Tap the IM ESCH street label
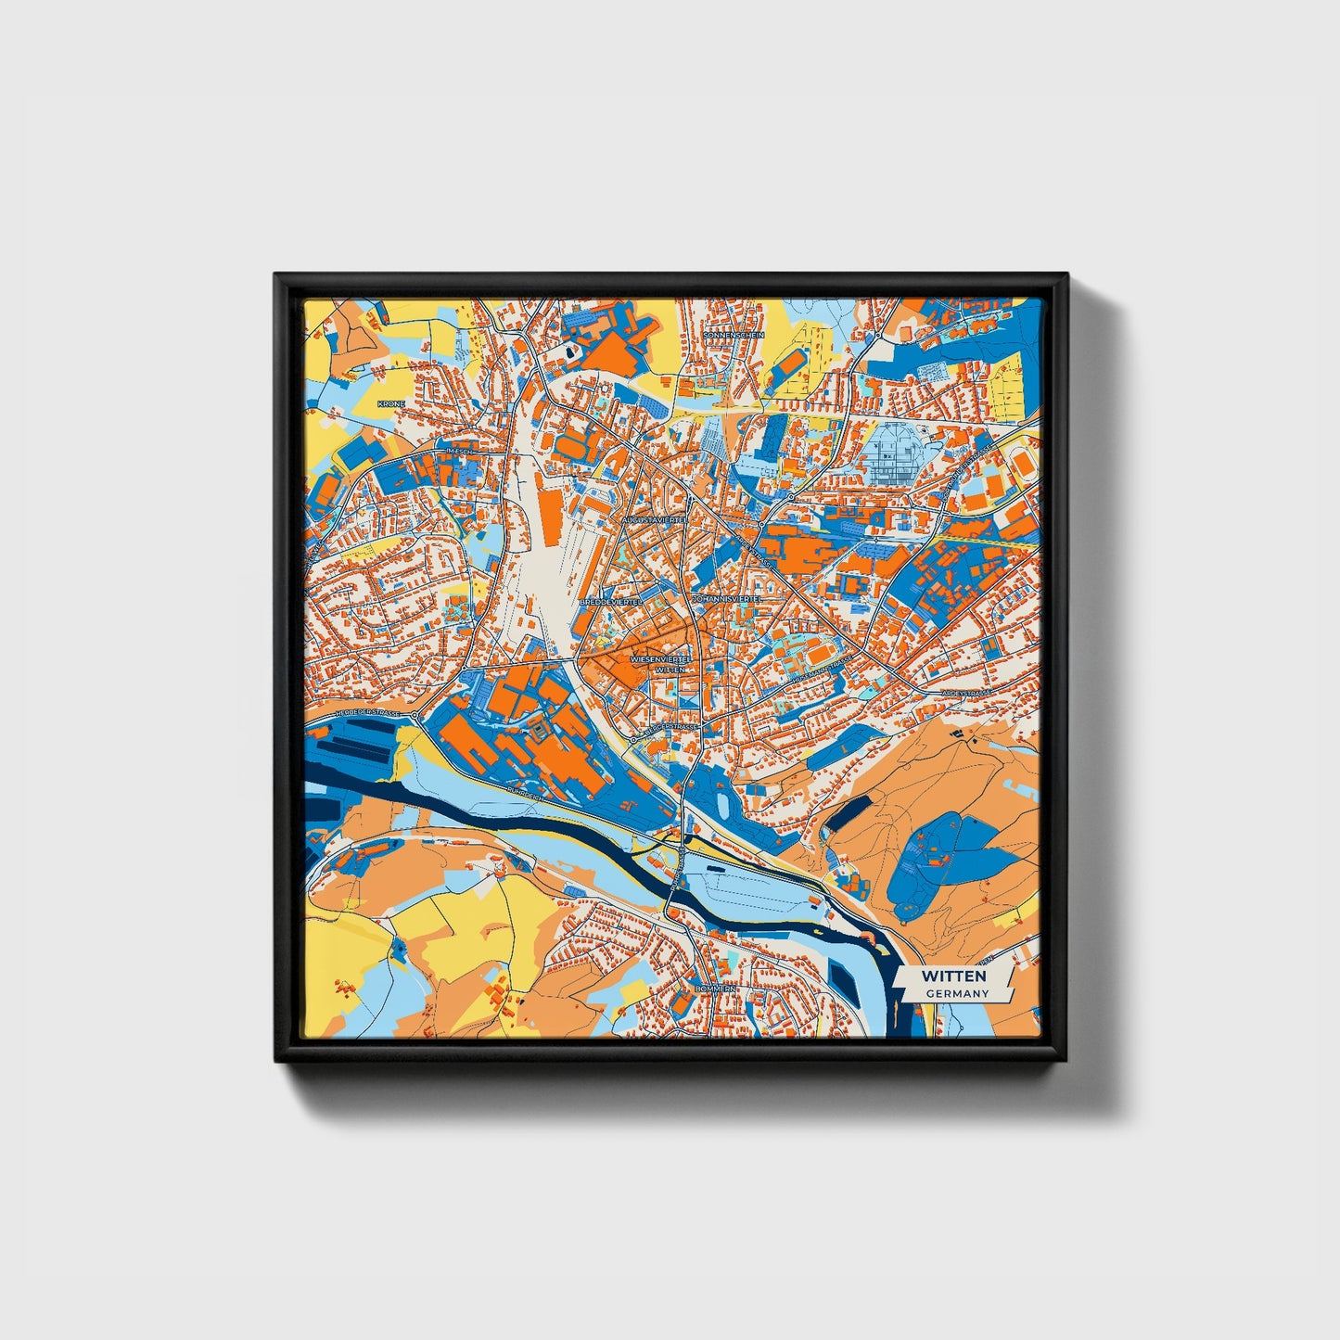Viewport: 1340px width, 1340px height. click(x=460, y=452)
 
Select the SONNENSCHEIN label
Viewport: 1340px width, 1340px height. click(x=734, y=335)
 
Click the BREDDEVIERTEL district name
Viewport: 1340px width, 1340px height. click(x=609, y=603)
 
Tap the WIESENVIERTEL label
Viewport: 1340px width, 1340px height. click(x=661, y=658)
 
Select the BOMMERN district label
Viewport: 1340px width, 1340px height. click(x=715, y=989)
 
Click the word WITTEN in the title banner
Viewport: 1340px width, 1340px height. click(x=954, y=976)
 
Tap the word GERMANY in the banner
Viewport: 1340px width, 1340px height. click(x=957, y=993)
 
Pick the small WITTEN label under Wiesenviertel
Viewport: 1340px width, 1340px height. click(x=670, y=669)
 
